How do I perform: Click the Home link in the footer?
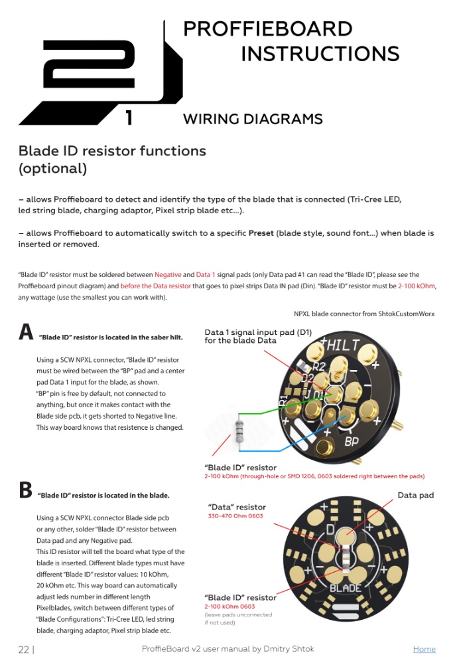[x=424, y=649]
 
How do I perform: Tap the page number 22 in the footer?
[x=24, y=650]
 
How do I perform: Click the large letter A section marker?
[x=26, y=332]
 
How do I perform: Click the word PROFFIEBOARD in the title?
[x=267, y=29]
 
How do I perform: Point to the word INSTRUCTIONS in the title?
[x=320, y=54]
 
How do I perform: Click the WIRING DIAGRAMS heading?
[x=253, y=120]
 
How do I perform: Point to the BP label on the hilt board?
[x=352, y=440]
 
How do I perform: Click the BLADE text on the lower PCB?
[x=346, y=588]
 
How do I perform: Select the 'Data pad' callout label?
[x=415, y=495]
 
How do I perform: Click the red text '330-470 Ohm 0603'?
[x=235, y=516]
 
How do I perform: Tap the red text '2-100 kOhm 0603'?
[x=230, y=606]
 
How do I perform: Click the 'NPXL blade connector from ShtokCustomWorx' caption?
[x=364, y=314]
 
